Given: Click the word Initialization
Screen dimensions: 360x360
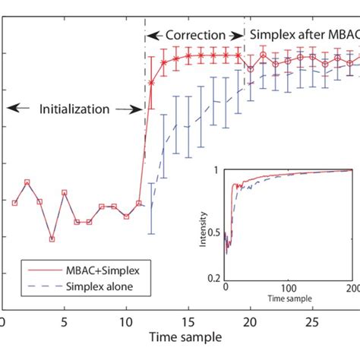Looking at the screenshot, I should click(x=74, y=109).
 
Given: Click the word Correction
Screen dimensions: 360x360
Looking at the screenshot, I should click(x=196, y=35).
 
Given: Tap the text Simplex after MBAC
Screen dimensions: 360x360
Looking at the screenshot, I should click(x=303, y=35).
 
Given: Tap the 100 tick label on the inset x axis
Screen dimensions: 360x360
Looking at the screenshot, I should click(x=289, y=289).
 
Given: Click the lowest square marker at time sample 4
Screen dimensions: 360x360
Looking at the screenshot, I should click(x=52, y=239).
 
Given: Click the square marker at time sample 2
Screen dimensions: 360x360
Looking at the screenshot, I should click(x=27, y=182).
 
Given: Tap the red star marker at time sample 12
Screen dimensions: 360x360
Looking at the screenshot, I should click(x=151, y=83).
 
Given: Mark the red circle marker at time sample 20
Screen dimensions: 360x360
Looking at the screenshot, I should click(x=251, y=68).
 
